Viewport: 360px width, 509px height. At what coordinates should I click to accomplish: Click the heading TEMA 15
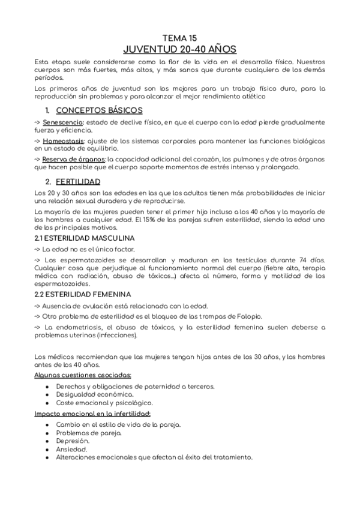click(179, 37)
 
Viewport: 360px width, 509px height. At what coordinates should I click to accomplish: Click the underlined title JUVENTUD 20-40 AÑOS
click(179, 49)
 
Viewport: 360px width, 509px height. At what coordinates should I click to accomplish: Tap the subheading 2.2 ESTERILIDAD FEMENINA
click(82, 294)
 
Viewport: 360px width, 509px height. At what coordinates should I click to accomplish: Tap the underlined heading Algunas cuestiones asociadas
click(83, 375)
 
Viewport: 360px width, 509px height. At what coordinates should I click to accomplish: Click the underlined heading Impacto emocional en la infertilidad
click(92, 414)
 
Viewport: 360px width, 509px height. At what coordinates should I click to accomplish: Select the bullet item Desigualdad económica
click(94, 394)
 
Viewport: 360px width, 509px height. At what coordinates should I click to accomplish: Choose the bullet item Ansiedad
click(71, 448)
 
